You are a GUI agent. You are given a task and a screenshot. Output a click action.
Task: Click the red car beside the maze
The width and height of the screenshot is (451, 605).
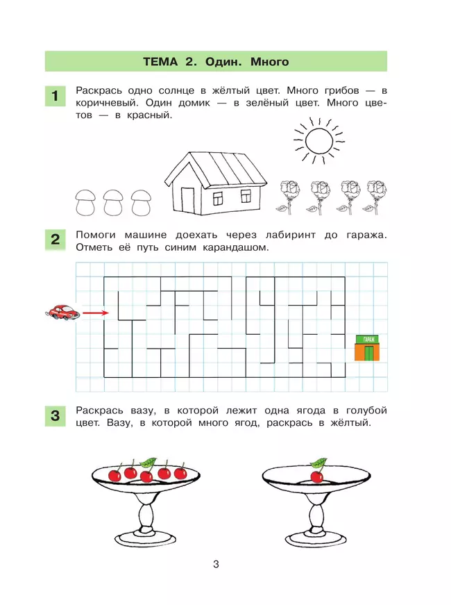pos(63,313)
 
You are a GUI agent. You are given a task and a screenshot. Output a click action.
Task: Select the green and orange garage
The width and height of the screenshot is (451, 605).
pos(368,347)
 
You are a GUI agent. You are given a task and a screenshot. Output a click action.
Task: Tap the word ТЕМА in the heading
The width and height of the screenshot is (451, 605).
pos(161,62)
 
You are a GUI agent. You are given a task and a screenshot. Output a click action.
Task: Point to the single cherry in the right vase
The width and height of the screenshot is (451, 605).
pos(316,476)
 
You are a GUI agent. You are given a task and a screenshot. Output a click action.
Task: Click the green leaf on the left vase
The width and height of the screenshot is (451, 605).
pos(147,462)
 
